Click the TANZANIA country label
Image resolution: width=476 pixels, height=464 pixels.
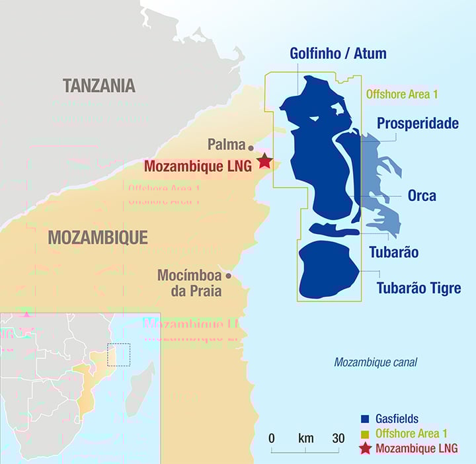[99, 85]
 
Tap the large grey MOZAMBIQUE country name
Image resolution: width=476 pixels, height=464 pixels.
[97, 237]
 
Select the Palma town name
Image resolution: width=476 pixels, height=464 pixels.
[226, 144]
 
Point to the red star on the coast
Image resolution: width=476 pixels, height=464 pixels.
[264, 161]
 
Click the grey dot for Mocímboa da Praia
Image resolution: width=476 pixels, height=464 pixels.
[229, 276]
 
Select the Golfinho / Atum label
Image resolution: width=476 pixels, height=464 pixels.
[338, 54]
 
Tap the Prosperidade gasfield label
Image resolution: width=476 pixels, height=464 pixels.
[417, 124]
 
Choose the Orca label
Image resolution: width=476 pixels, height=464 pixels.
[422, 196]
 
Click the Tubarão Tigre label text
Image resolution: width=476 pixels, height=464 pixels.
[418, 288]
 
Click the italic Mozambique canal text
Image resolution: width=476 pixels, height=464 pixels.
[376, 362]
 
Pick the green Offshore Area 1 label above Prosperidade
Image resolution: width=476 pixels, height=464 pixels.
[402, 95]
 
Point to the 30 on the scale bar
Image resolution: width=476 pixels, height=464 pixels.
[338, 438]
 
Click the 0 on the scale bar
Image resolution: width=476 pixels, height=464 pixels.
[272, 438]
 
